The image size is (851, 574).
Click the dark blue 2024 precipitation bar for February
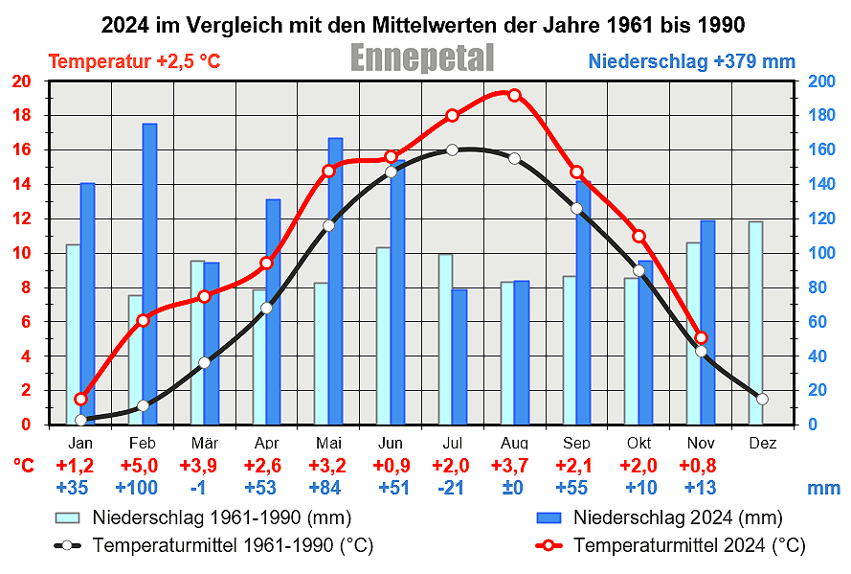click(x=149, y=273)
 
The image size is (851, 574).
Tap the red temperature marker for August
click(x=514, y=95)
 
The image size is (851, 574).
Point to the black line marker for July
click(x=452, y=149)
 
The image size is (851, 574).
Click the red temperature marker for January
click(x=80, y=400)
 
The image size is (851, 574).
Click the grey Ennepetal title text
click(x=422, y=58)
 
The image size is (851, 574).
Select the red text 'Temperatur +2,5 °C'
click(x=134, y=62)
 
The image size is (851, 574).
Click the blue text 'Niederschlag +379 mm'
click(x=691, y=62)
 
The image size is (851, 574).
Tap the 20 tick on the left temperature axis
click(x=21, y=81)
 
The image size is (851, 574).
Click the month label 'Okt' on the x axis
click(x=638, y=444)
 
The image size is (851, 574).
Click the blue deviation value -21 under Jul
click(x=452, y=488)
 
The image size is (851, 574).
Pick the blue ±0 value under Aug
click(x=514, y=488)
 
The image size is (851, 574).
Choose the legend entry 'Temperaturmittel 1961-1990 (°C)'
click(x=233, y=546)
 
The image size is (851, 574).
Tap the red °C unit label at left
click(x=24, y=467)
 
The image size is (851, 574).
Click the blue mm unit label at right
click(x=823, y=488)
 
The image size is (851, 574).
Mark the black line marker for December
click(x=762, y=399)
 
